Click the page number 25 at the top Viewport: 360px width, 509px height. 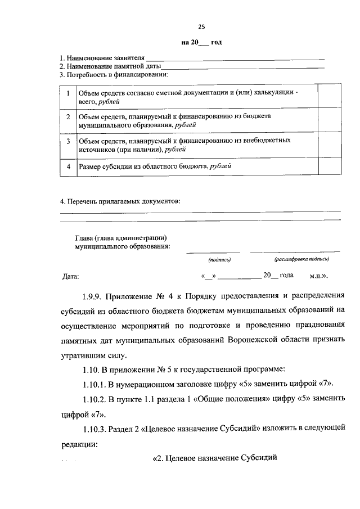pyautogui.click(x=201, y=26)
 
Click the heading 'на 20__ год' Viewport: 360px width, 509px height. pyautogui.click(x=201, y=43)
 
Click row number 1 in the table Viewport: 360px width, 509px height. pyautogui.click(x=67, y=93)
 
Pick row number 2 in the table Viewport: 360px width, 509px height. pyautogui.click(x=67, y=116)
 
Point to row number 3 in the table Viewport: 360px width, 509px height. pyautogui.click(x=67, y=140)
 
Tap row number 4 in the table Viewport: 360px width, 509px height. pyautogui.click(x=67, y=167)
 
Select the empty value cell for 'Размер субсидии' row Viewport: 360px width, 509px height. pyautogui.click(x=327, y=167)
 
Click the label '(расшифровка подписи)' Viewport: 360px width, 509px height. pyautogui.click(x=301, y=260)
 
